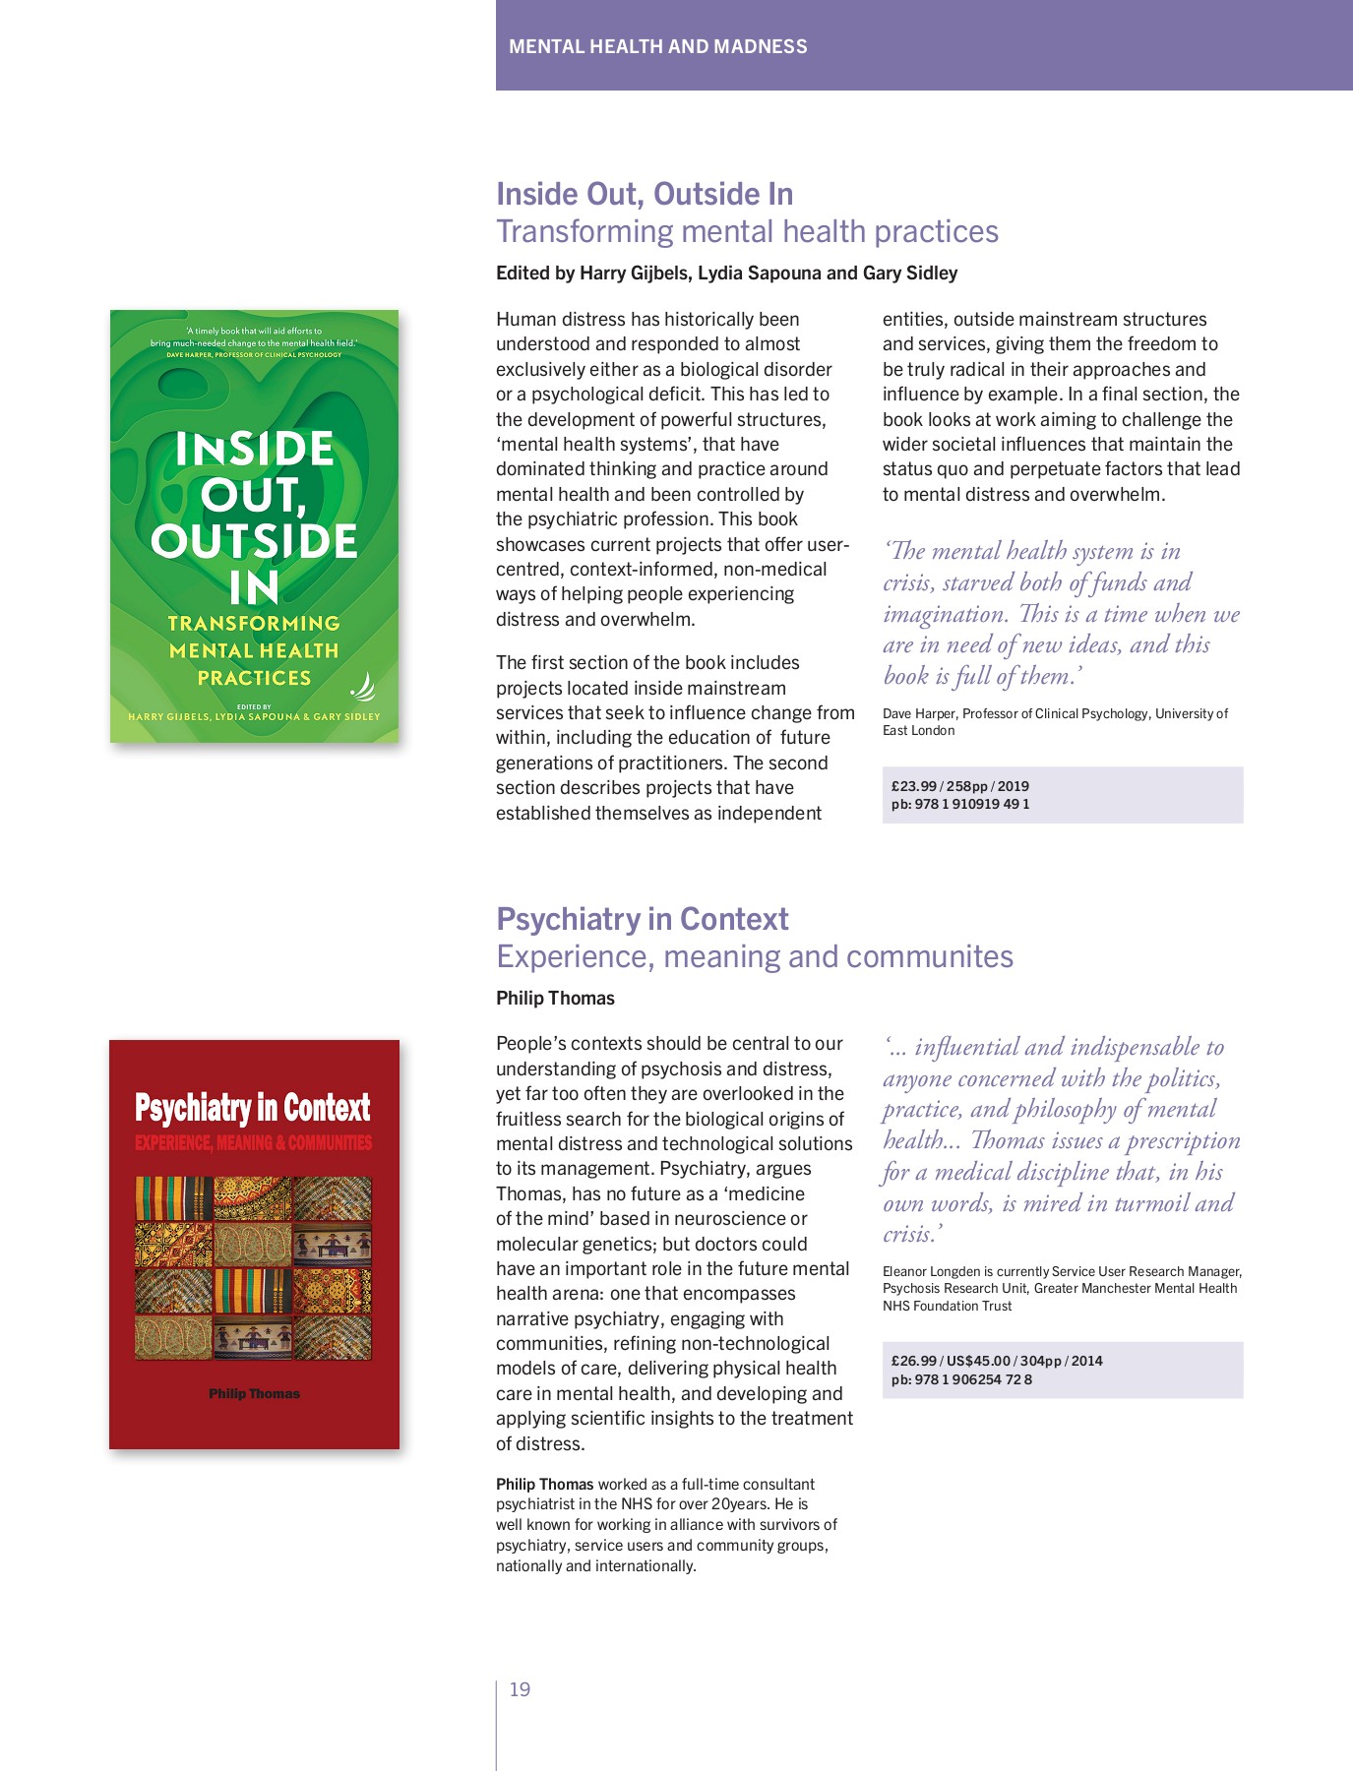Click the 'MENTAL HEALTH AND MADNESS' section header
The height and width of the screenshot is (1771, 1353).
(x=657, y=46)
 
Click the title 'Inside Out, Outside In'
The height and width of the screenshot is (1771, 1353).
(x=645, y=194)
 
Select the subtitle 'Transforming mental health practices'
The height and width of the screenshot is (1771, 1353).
(x=747, y=231)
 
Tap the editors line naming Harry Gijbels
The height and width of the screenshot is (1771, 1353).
(x=726, y=273)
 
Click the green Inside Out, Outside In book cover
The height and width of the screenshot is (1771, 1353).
(x=254, y=526)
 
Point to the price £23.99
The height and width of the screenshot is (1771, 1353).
(x=914, y=786)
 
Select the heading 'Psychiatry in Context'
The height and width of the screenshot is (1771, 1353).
(x=642, y=919)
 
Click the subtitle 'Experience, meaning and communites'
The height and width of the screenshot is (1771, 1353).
(x=754, y=956)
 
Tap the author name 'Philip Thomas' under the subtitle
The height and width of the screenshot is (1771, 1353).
(x=555, y=998)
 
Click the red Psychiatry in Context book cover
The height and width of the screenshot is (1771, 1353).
(x=254, y=1245)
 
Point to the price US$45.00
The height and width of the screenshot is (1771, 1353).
(x=978, y=1361)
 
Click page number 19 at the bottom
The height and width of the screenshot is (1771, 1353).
(x=520, y=1689)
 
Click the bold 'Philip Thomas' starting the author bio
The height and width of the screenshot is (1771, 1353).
(x=544, y=1484)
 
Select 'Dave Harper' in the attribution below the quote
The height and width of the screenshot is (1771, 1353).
(x=918, y=713)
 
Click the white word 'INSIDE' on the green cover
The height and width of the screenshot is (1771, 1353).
(x=255, y=449)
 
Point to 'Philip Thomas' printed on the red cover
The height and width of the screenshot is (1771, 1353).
(x=254, y=1393)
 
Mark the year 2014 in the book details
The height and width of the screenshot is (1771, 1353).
(x=1087, y=1361)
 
